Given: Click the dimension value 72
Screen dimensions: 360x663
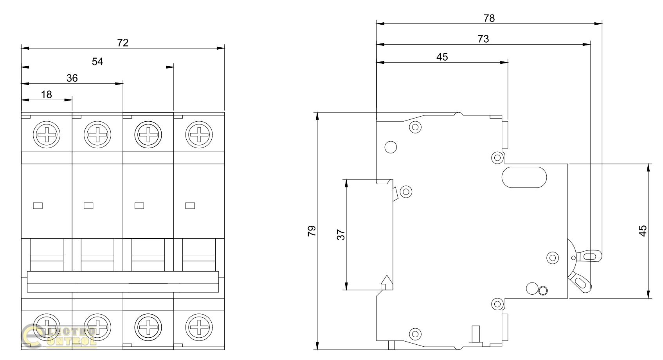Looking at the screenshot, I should coord(123,43).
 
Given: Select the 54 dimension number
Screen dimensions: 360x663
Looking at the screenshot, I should coord(97,61).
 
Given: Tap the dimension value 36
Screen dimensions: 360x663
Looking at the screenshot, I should coord(72,78).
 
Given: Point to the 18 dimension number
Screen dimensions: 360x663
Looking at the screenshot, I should coord(47,95).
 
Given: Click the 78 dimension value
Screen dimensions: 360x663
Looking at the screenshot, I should coord(489,18).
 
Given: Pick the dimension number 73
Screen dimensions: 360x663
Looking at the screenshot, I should coord(483,39).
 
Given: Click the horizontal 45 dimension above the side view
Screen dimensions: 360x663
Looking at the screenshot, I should coord(442,57).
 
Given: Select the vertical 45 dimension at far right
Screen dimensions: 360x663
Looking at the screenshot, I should coord(643,231).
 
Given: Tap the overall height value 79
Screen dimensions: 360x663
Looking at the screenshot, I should coord(312,231).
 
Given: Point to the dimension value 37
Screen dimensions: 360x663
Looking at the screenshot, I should coord(341,235).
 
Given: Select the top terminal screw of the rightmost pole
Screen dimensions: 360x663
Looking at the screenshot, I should coord(199,136).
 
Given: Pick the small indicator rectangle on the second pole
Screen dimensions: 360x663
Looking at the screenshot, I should coord(89,205).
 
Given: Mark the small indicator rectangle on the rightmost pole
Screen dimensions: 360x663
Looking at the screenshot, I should coord(190,205).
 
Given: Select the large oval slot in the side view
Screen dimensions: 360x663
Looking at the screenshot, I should coord(524,177).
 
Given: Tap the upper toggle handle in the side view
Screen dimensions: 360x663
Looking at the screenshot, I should coord(588,256).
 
